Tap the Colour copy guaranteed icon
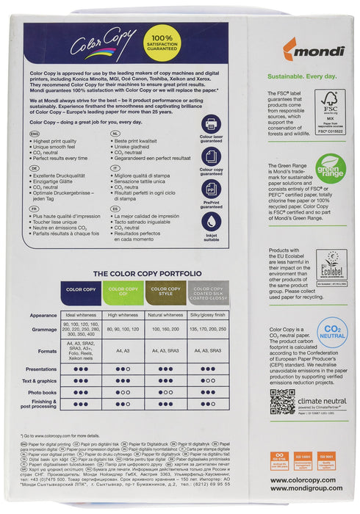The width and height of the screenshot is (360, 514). (x=210, y=156)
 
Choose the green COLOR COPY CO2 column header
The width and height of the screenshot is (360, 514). (x=123, y=291)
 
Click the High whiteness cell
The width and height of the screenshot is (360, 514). (x=123, y=315)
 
